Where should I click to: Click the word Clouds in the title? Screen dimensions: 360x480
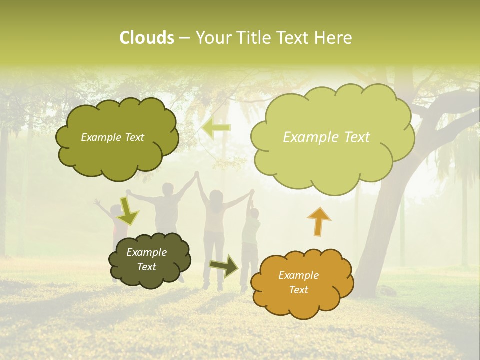click(146, 38)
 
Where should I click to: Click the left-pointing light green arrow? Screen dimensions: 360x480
click(216, 128)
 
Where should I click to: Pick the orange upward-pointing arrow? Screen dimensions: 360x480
click(318, 221)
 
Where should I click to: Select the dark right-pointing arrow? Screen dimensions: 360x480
click(224, 265)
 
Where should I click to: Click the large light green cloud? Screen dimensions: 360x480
click(332, 137)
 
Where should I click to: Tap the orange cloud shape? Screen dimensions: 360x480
click(302, 283)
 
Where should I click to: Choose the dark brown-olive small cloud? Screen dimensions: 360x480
click(149, 260)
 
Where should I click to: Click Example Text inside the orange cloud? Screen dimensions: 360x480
click(299, 282)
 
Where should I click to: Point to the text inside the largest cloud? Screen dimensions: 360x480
click(326, 137)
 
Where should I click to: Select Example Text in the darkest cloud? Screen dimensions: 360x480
click(147, 259)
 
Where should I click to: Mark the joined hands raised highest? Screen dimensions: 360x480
click(197, 174)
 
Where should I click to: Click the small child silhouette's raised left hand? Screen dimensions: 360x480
click(97, 202)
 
